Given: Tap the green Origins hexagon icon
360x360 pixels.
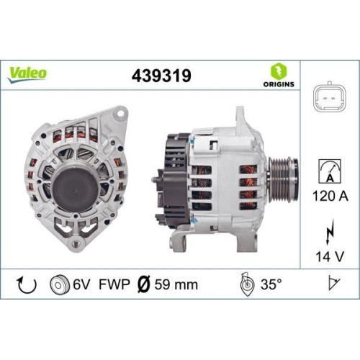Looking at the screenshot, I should [278, 71].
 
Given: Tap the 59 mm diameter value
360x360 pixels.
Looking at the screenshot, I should [176, 285].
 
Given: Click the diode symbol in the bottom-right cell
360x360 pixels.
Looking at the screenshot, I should [331, 285].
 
